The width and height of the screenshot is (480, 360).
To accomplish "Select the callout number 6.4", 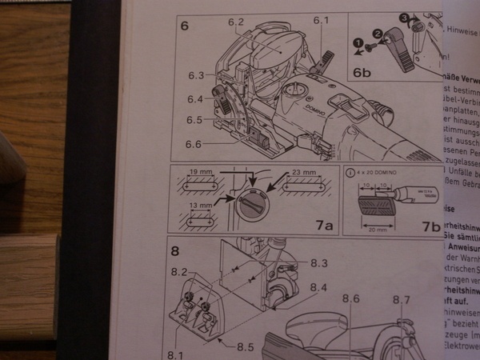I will [196, 99].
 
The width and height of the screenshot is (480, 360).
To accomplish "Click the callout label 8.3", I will [320, 262].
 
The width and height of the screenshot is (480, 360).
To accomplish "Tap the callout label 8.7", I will [402, 301].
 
